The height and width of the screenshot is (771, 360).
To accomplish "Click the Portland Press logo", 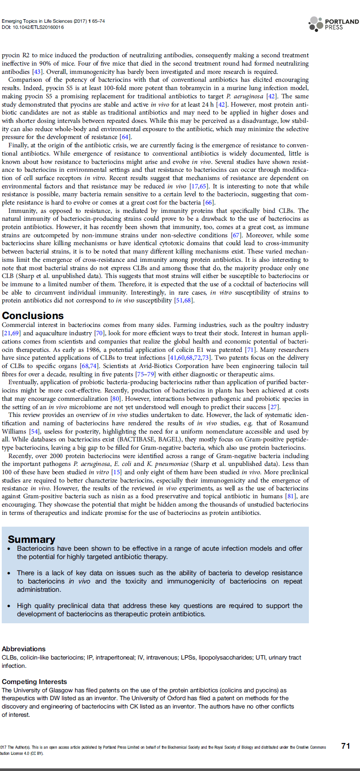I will tap(333, 24).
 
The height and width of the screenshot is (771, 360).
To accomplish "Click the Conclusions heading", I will tap(33, 316).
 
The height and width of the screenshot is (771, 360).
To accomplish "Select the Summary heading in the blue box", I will tap(31, 539).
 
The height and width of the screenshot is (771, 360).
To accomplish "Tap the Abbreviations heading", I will tap(24, 649).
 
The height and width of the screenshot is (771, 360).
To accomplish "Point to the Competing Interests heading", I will tap(35, 681).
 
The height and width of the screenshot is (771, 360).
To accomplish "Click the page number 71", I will tap(346, 746).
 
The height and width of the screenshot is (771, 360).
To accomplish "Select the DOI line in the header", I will tap(33, 27).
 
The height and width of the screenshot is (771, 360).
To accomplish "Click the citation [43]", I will tap(37, 72).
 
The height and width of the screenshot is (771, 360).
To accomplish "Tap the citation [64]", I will tap(125, 137).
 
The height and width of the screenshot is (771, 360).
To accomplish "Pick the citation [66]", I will tap(209, 202).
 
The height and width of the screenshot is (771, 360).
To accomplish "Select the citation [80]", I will tap(115, 399).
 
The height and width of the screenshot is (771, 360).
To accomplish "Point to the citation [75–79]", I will tap(145, 374).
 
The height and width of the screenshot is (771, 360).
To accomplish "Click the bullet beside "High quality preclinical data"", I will tap(10, 606).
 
